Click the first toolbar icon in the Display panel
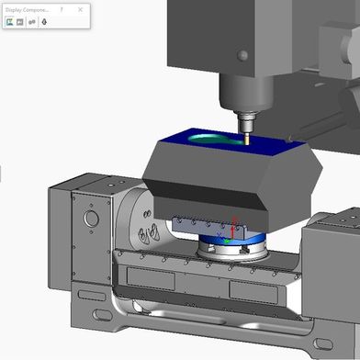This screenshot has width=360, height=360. click(10, 21)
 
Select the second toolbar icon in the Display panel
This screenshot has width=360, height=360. click(21, 21)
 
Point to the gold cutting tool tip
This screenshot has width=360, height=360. click(248, 141)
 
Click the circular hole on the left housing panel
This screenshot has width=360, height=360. click(90, 219)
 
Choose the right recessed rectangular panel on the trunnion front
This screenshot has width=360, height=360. click(257, 292)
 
